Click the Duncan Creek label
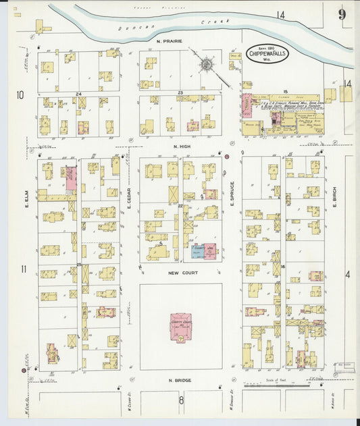click(175, 25)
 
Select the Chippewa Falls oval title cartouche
click(267, 53)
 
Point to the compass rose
click(206, 65)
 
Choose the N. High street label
click(183, 147)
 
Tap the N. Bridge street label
click(180, 380)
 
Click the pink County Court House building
click(180, 326)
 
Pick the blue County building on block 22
click(197, 251)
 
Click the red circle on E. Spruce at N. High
click(227, 157)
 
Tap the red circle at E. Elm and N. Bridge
click(24, 371)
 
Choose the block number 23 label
click(180, 92)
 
